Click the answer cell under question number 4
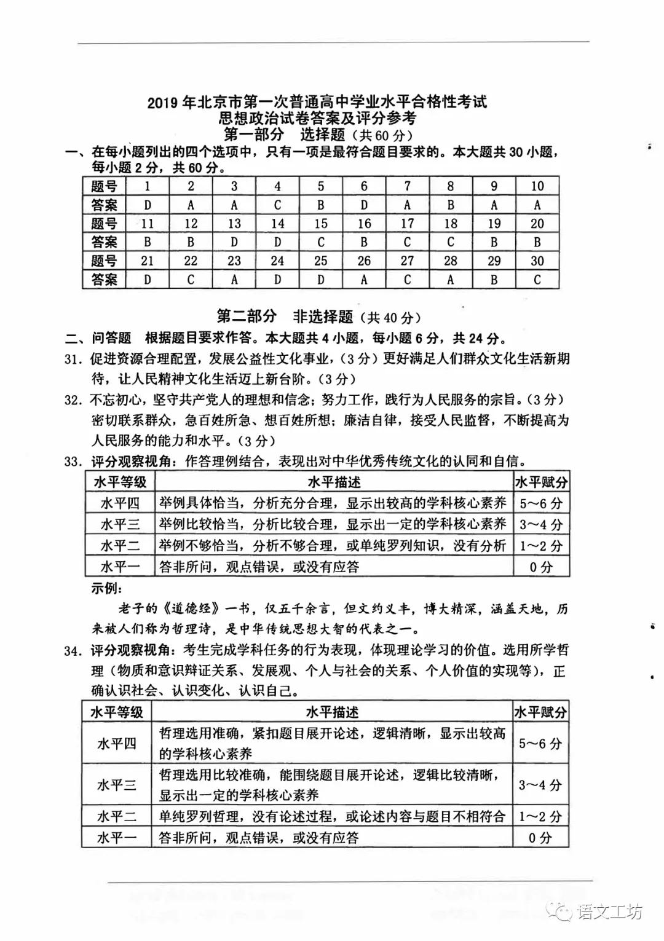(x=277, y=205)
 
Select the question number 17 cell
(x=407, y=223)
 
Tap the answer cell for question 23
(x=234, y=280)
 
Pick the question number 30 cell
(x=537, y=261)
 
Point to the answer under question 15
(x=320, y=242)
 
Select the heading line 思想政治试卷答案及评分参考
(x=317, y=118)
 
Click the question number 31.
(x=73, y=359)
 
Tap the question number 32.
(x=73, y=400)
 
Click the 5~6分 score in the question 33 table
(x=541, y=503)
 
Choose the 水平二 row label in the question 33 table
(x=120, y=546)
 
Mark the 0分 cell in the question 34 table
(x=540, y=837)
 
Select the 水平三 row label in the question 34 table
(x=116, y=785)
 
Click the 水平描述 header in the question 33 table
(x=334, y=482)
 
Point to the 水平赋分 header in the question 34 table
(x=540, y=712)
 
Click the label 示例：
(x=107, y=588)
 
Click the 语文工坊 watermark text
(x=610, y=911)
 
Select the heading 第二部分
(x=247, y=317)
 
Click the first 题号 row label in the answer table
(x=104, y=186)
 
